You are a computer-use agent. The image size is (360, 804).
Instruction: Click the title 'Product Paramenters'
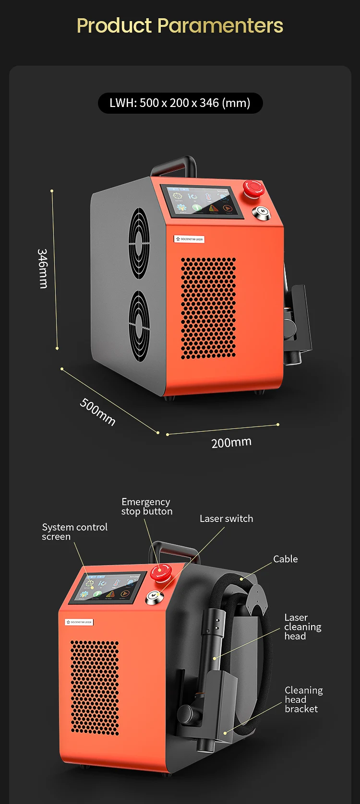pos(180,25)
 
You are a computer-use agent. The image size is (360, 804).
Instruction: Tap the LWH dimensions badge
pos(180,103)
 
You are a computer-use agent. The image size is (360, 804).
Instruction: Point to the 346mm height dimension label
pos(43,268)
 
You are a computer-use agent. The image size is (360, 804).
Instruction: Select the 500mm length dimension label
pos(97,412)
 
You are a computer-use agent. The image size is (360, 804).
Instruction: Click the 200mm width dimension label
pos(231,442)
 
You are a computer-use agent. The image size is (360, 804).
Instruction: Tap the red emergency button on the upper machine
pos(253,189)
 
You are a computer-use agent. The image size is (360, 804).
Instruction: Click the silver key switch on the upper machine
pos(262,213)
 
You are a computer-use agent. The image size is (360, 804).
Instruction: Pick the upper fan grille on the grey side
pos(139,243)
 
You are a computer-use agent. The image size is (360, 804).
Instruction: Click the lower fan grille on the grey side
pos(139,326)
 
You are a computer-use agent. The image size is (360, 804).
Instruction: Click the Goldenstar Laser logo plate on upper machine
pos(189,239)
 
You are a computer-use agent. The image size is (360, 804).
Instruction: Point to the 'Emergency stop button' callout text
pos(146,507)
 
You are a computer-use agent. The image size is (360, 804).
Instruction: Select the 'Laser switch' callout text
pos(226,519)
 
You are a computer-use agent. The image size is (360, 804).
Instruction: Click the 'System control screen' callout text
pos(74,532)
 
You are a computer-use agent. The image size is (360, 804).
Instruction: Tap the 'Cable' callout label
pos(285,559)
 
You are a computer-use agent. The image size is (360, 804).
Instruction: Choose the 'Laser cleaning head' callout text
pos(302,627)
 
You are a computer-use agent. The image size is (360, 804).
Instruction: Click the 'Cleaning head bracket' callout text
pos(303,699)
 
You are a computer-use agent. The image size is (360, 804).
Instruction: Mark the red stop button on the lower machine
pos(161,572)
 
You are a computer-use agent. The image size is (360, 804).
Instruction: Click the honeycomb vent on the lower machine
pos(95,686)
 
